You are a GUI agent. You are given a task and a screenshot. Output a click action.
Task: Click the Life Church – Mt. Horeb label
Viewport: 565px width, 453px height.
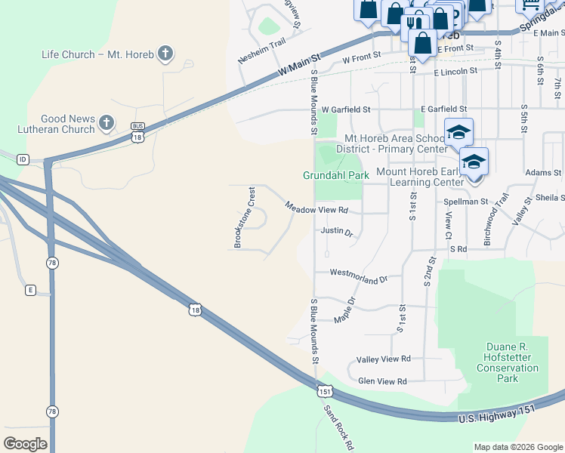97,54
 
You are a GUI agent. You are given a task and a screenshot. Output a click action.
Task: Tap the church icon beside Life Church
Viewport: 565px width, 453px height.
166,54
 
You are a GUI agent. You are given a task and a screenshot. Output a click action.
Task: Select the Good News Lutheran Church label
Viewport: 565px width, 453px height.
68,124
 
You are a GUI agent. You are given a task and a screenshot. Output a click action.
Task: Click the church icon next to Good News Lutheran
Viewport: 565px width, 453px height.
107,122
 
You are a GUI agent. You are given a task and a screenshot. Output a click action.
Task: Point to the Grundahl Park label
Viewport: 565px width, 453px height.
335,175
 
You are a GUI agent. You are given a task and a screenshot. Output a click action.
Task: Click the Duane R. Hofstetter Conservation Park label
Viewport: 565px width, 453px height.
508,362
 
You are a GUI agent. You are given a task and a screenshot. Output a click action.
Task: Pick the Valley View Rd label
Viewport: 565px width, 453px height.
383,359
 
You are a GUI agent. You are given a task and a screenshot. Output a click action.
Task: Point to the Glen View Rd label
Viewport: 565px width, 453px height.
382,381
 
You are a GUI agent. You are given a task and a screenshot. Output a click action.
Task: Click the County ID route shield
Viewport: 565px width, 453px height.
23,159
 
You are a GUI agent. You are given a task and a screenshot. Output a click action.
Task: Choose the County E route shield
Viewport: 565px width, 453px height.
30,290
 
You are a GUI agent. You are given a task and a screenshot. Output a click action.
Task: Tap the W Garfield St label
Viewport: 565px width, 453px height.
346,109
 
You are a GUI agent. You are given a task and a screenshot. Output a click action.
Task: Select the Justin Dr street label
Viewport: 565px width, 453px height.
336,231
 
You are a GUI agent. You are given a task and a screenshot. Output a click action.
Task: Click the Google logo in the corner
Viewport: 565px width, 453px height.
25,444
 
